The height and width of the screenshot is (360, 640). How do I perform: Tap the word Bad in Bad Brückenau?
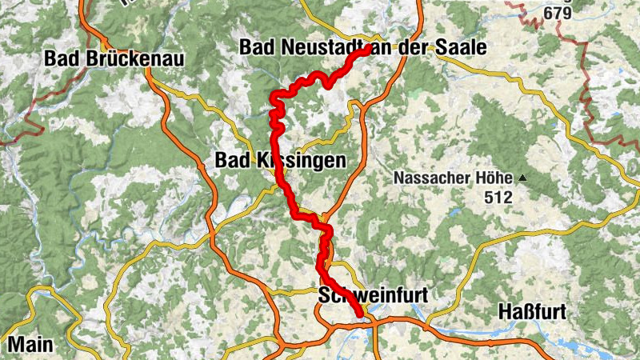61,58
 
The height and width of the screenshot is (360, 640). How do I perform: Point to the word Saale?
462,49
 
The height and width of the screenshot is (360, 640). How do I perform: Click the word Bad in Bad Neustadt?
255,49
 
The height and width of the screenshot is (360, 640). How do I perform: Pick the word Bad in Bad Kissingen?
230,161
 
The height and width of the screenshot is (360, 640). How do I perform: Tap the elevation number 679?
558,13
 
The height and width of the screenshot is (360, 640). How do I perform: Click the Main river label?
30,345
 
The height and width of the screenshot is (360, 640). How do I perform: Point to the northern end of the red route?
366,49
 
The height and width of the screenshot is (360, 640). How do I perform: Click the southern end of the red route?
360,317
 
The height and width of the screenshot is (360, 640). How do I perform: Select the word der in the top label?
419,49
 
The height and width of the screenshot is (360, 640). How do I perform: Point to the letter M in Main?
16,345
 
